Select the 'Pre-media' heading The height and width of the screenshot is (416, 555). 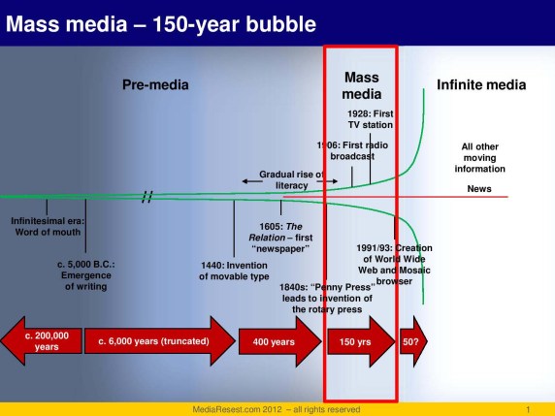tap(155, 85)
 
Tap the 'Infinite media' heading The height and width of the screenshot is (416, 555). tap(481, 85)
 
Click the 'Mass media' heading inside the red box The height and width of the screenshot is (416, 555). tap(361, 85)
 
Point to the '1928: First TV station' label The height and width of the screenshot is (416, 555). tap(370, 119)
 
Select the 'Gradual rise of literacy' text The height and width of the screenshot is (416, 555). tap(291, 179)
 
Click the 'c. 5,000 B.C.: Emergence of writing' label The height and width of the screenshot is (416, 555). tap(85, 274)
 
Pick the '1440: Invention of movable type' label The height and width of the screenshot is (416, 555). tap(236, 270)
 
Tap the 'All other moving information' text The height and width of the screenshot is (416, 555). tap(479, 158)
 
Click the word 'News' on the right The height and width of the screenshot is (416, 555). tap(479, 188)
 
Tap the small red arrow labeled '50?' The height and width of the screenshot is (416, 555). tap(412, 342)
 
